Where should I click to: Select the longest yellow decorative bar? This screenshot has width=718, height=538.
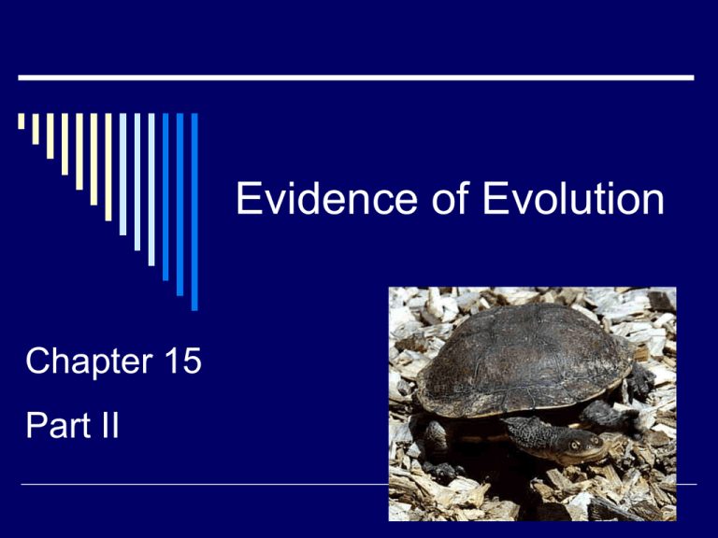pyautogui.click(x=108, y=167)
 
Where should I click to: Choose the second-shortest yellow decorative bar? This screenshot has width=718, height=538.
pyautogui.click(x=36, y=129)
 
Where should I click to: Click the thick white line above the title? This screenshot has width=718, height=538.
pyautogui.click(x=355, y=78)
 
